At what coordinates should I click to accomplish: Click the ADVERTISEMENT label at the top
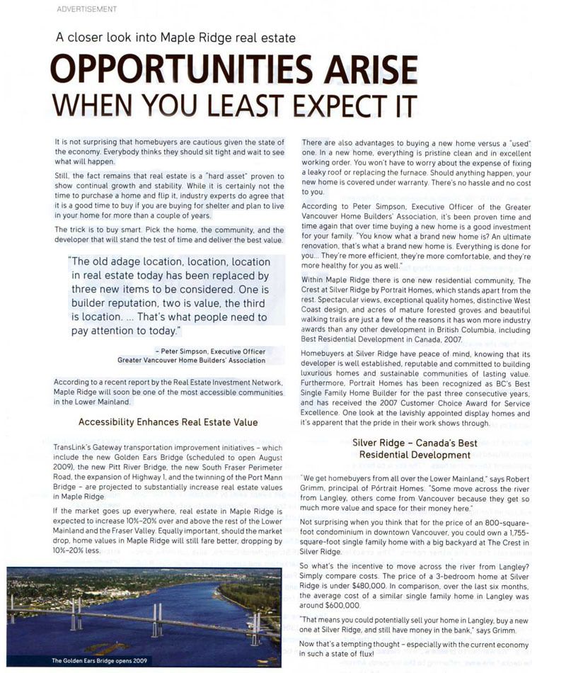click(x=86, y=9)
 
